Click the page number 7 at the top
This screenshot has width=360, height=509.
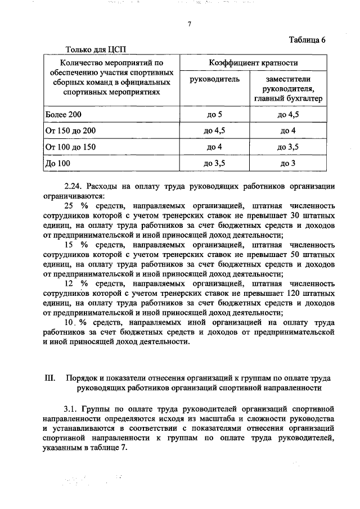[x=190, y=24]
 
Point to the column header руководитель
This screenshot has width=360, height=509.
[x=215, y=79]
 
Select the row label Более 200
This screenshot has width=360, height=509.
[x=63, y=115]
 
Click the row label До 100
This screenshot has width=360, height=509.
[x=58, y=164]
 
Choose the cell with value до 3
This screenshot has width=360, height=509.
[x=288, y=164]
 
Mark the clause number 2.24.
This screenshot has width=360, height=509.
[x=73, y=187]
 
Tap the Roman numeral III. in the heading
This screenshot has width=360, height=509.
[x=48, y=378]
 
